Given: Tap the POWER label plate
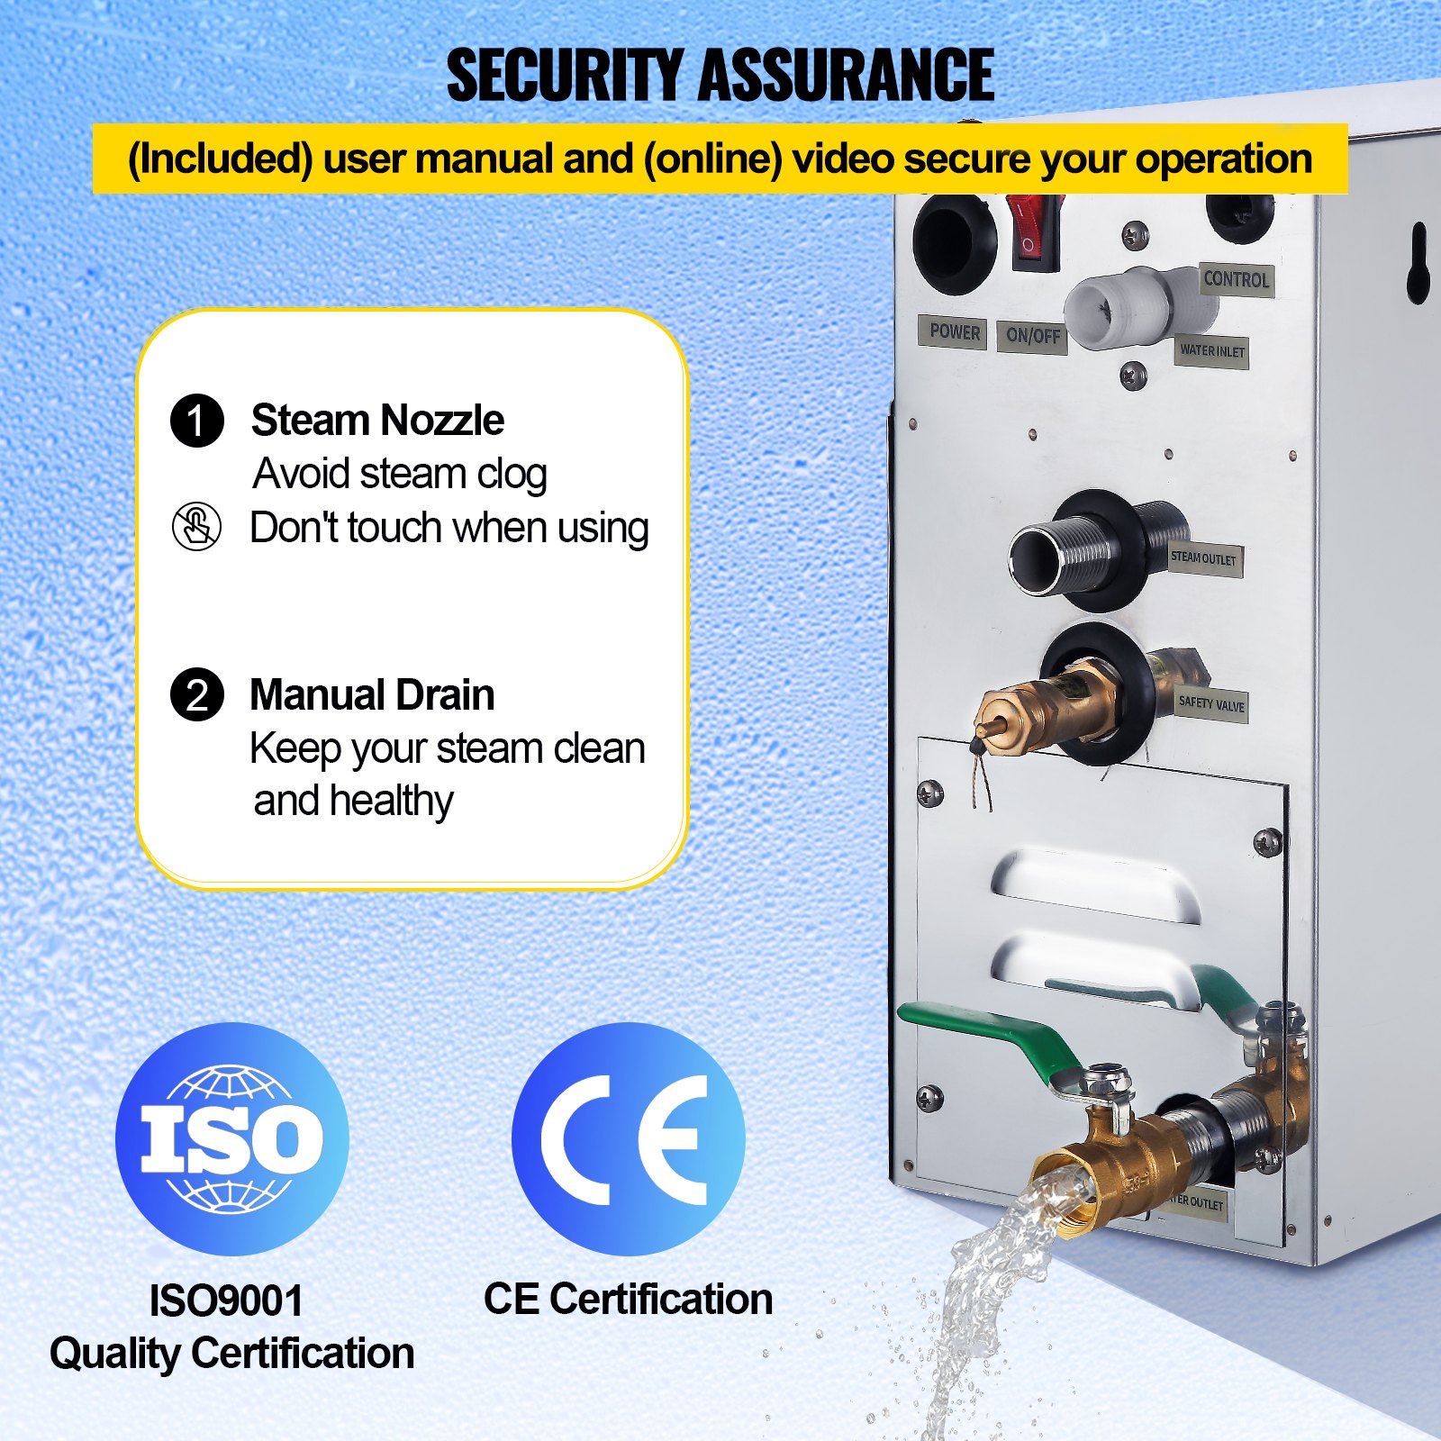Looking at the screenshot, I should [954, 332].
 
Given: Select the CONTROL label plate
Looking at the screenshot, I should [1236, 279].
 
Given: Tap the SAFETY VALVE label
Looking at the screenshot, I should [1211, 703].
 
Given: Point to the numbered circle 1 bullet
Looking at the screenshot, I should [197, 421].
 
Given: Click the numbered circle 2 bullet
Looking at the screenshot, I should [197, 694].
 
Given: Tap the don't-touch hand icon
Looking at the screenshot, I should [196, 527].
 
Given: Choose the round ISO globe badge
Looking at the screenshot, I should [231, 1139].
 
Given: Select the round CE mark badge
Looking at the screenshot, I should [628, 1139].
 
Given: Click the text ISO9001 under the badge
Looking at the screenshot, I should [226, 1301].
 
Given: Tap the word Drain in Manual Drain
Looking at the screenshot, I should [446, 695].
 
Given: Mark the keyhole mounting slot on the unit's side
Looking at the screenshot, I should [1418, 261].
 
